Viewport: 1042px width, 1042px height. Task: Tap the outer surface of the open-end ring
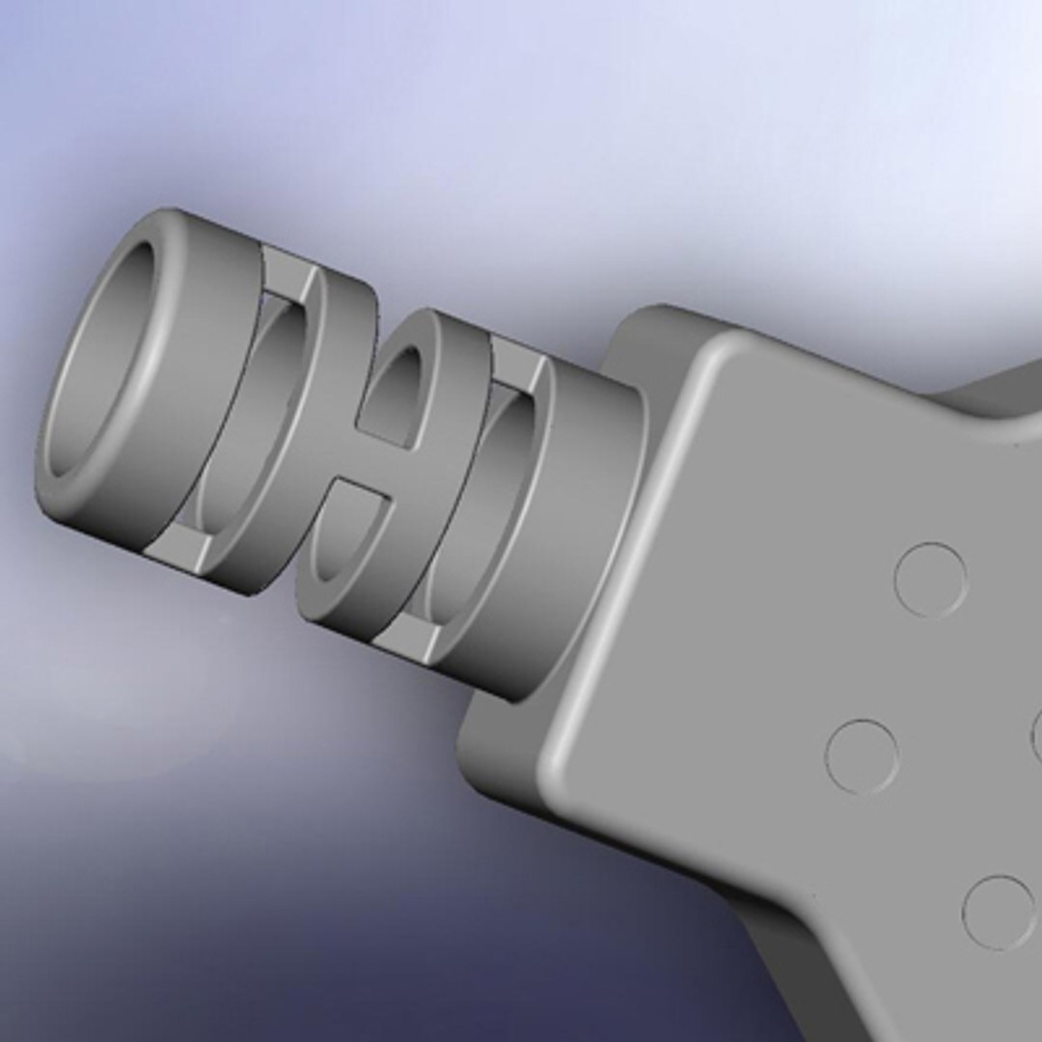[193, 386]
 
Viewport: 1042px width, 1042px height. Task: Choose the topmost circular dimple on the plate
[930, 580]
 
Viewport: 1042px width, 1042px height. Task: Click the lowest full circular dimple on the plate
[998, 912]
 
